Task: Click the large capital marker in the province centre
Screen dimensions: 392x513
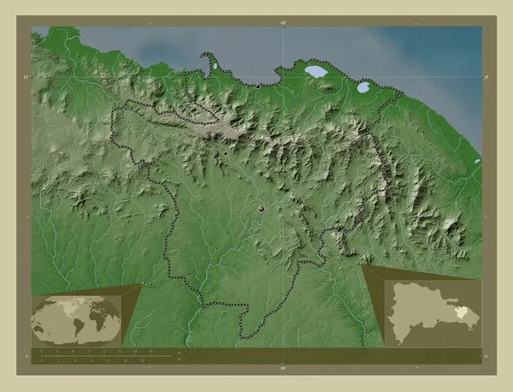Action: coord(261,208)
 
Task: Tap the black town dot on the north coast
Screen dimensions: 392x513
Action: coord(258,86)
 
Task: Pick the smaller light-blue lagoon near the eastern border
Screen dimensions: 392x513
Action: coord(363,86)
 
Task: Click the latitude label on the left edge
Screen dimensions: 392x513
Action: coord(27,77)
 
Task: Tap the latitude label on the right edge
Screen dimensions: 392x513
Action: coord(486,77)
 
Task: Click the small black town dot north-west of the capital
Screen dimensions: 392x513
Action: coord(223,153)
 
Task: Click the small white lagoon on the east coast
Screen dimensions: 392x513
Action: coord(475,160)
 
